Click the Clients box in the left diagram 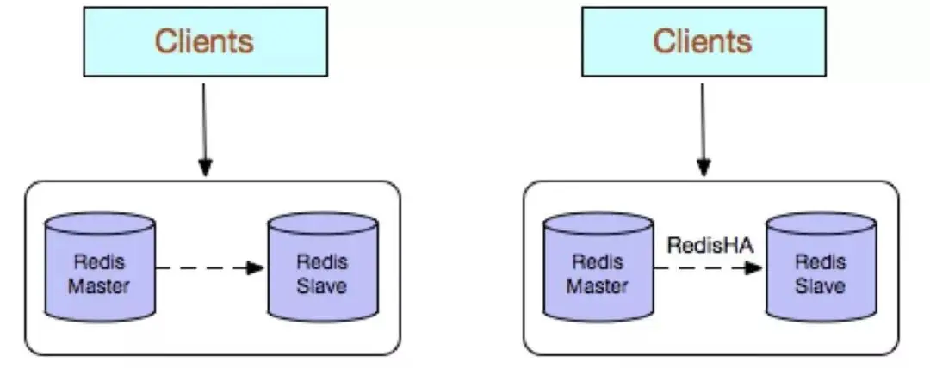click(204, 41)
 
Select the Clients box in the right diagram click(703, 41)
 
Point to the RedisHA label click(710, 246)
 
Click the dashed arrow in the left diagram click(207, 267)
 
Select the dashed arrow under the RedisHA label click(706, 267)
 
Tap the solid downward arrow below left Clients click(204, 125)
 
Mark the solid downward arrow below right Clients click(704, 125)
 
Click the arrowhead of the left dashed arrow click(254, 267)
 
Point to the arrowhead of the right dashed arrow click(753, 267)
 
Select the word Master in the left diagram click(100, 285)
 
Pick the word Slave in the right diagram click(821, 285)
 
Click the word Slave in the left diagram click(322, 285)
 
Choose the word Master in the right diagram click(598, 285)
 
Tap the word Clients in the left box click(204, 41)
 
